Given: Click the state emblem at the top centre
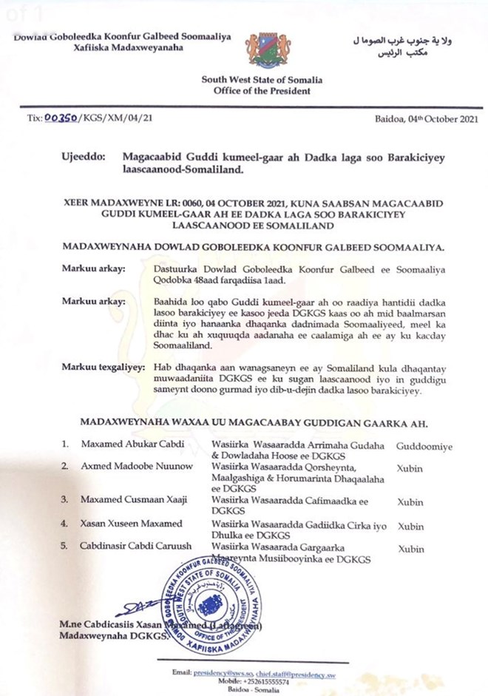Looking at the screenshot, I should click(263, 50).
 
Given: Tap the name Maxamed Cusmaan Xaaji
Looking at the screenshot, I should click(121, 499).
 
